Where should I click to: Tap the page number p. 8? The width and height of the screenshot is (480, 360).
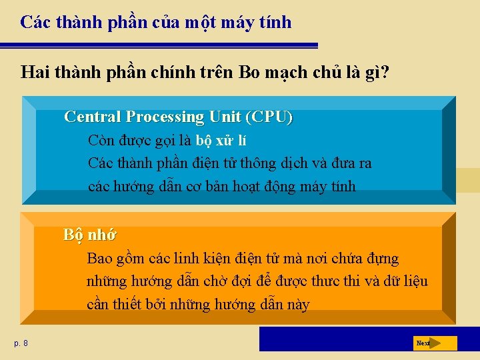click(x=21, y=343)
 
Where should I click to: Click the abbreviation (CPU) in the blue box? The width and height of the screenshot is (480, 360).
click(x=269, y=117)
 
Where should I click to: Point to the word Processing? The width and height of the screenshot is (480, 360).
click(x=165, y=117)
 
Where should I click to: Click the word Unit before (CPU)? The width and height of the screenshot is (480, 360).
click(x=225, y=117)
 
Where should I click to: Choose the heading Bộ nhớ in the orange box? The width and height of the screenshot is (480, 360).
click(x=90, y=235)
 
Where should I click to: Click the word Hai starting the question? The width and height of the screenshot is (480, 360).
click(x=35, y=71)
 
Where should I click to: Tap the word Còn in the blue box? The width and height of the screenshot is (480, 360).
click(x=101, y=141)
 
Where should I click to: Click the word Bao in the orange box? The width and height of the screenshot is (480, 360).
click(x=100, y=258)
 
